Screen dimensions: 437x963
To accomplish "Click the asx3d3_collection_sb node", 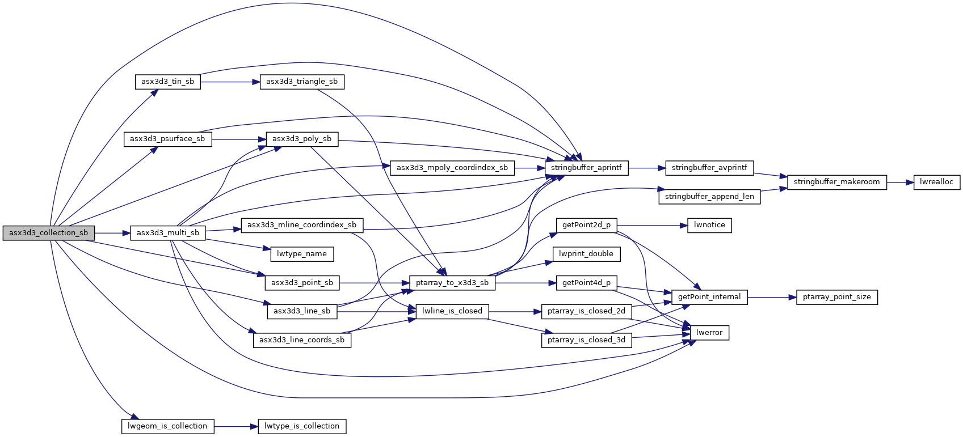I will [49, 233].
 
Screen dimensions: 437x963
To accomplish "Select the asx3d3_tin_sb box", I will [167, 82].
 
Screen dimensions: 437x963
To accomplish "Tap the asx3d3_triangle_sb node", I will [302, 82].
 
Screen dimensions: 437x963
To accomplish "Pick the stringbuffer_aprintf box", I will [586, 168].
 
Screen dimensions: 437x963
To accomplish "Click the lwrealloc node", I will [936, 183].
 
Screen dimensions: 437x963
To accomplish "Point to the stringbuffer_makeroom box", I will [836, 183].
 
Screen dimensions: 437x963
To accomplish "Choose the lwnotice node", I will [709, 226].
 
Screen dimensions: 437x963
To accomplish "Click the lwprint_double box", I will [586, 254].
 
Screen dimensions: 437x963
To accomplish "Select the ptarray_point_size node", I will [836, 297].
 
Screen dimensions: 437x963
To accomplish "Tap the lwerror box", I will [709, 333].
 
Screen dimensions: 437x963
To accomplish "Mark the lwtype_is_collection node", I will [302, 426].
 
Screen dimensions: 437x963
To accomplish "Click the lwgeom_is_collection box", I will [167, 426].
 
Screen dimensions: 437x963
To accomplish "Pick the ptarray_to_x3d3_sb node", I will [452, 283].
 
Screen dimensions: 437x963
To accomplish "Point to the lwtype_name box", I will [302, 254].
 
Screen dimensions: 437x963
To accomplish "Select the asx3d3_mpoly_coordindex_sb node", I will [452, 168].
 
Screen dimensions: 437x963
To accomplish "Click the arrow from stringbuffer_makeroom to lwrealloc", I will [900, 183].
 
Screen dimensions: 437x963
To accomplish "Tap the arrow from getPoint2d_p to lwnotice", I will [653, 226].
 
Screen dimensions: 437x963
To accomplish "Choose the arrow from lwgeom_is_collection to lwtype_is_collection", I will [236, 426].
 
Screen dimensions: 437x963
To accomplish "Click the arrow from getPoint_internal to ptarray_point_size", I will [772, 297].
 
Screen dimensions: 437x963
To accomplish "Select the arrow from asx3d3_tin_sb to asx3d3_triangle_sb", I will [230, 82].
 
